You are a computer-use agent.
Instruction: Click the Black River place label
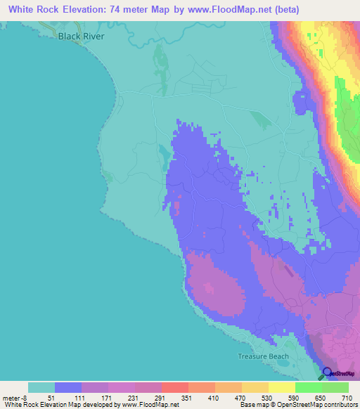[81, 35]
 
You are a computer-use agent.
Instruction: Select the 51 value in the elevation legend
[51, 397]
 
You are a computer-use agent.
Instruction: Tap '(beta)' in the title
[281, 10]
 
